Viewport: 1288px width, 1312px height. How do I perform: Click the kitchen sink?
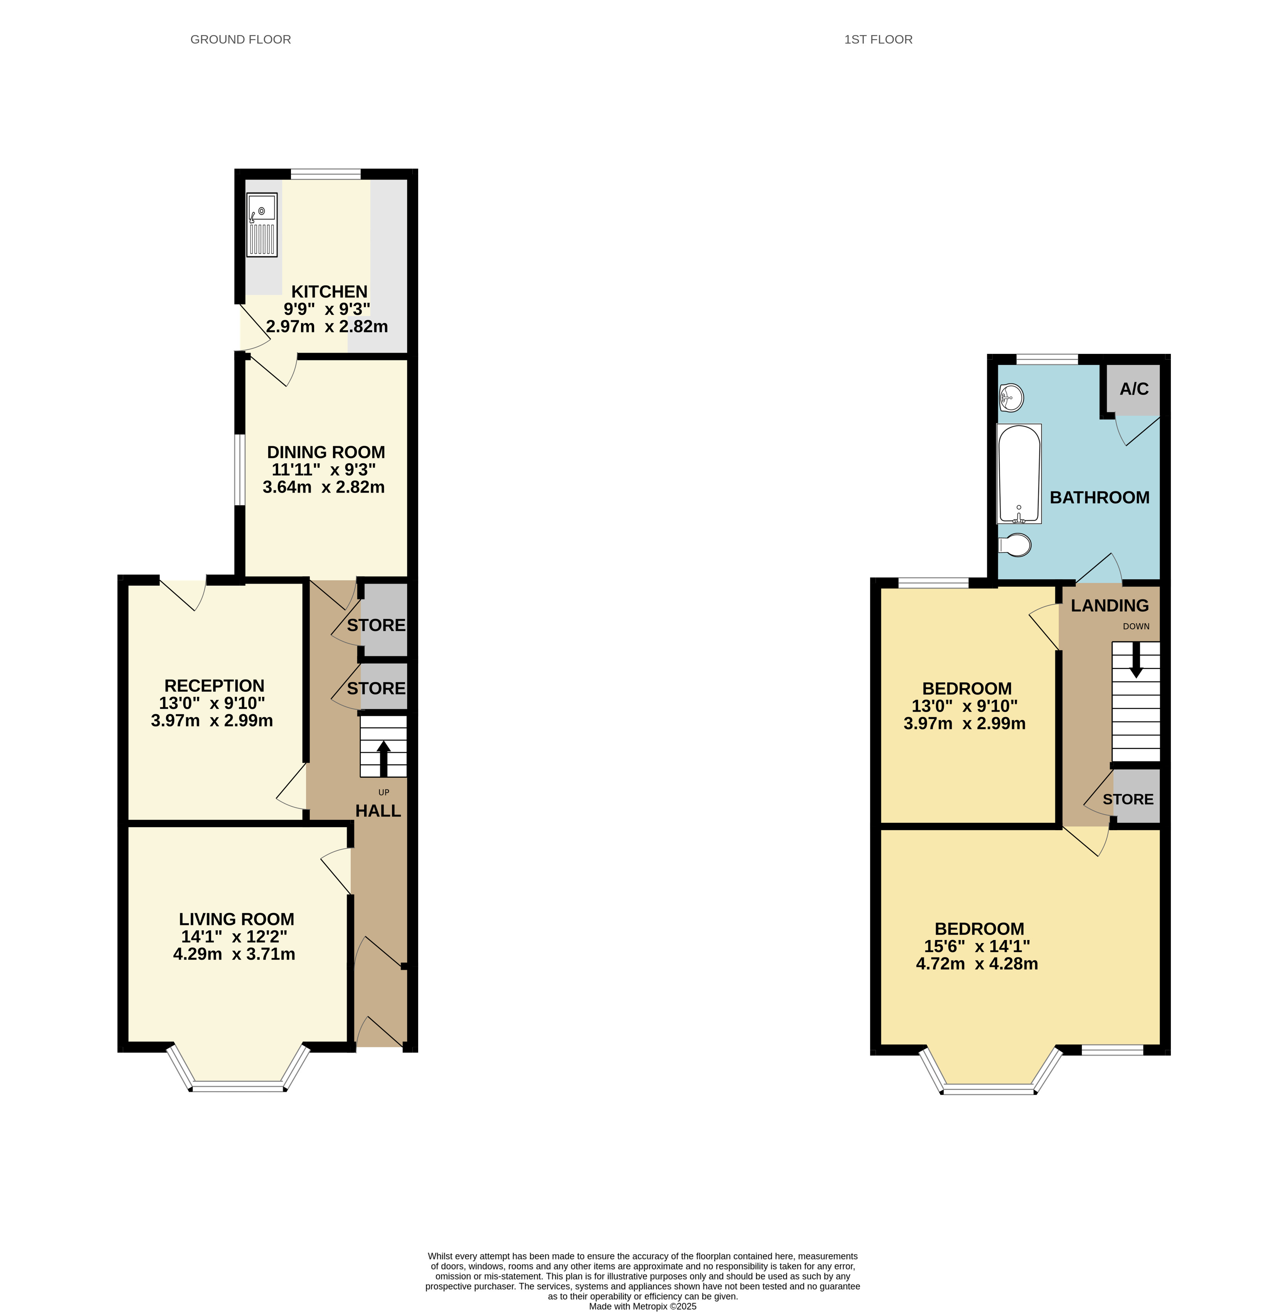pos(262,225)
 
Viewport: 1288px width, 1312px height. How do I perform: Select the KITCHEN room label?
pos(330,292)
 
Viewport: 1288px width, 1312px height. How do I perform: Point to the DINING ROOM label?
pos(326,452)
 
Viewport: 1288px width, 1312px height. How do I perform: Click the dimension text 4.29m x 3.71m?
pos(234,954)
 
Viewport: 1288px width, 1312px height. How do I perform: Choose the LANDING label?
pos(1110,606)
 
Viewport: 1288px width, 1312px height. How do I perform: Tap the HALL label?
pos(378,811)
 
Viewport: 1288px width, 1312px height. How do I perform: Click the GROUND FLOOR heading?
pos(241,39)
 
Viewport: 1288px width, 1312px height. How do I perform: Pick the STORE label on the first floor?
pos(1128,799)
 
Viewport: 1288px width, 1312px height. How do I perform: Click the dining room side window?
pos(239,469)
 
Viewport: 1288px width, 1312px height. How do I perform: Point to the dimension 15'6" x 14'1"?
pos(977,946)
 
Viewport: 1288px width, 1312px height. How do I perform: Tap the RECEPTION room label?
pos(214,685)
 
